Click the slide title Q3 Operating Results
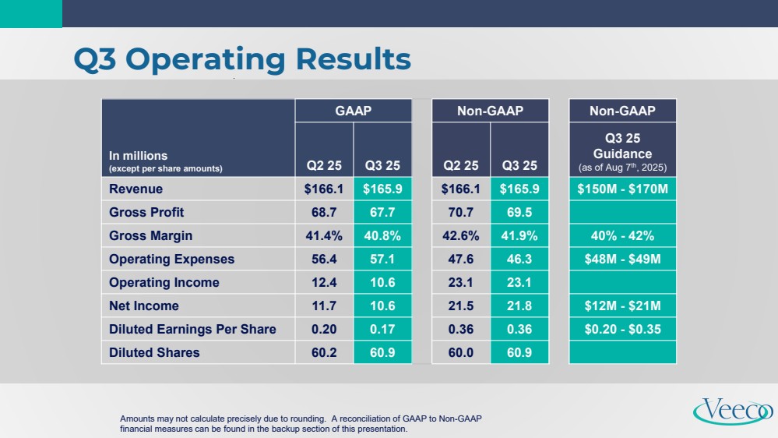241,59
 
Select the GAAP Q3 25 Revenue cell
382,189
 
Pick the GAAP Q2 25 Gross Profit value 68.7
324,212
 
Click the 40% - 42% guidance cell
623,235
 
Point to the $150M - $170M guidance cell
623,189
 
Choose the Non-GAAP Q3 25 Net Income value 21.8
519,306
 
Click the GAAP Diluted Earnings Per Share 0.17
382,329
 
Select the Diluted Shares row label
154,352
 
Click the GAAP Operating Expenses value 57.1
382,259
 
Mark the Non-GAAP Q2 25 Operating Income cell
460,282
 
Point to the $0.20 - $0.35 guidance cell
623,329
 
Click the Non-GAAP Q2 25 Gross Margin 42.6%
460,235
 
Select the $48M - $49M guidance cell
623,259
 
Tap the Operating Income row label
164,282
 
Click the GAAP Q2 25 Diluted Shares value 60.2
324,352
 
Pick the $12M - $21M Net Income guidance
623,306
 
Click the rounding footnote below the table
301,424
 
